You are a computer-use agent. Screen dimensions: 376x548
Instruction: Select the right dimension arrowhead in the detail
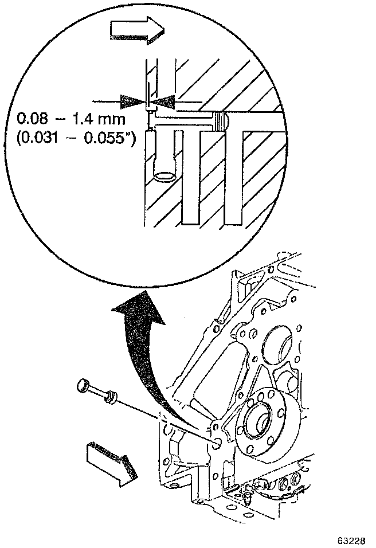pos(162,101)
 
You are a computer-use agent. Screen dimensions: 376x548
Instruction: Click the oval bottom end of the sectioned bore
pos(165,175)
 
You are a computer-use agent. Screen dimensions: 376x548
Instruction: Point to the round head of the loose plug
pos(84,386)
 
